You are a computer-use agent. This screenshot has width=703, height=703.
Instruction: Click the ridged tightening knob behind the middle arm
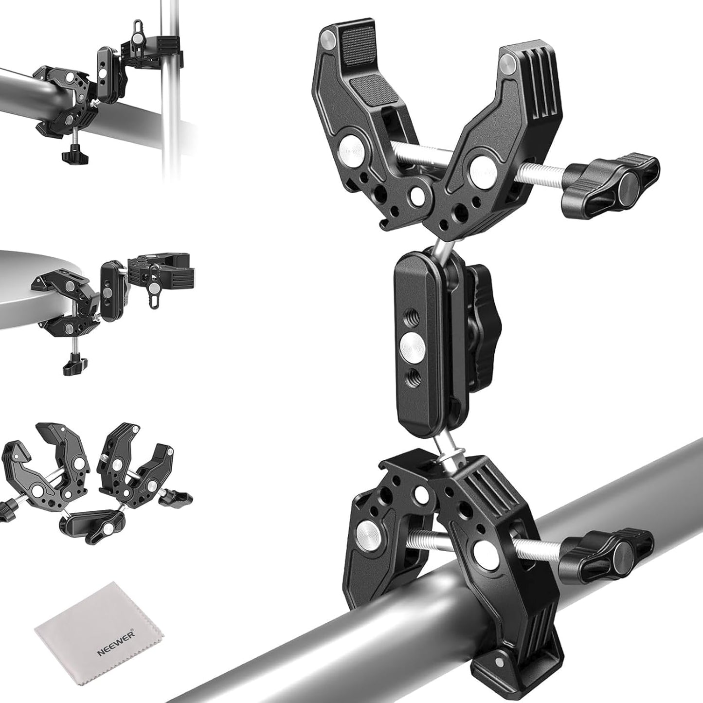[x=481, y=328]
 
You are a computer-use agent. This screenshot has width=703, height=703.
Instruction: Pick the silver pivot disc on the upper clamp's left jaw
[x=351, y=149]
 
